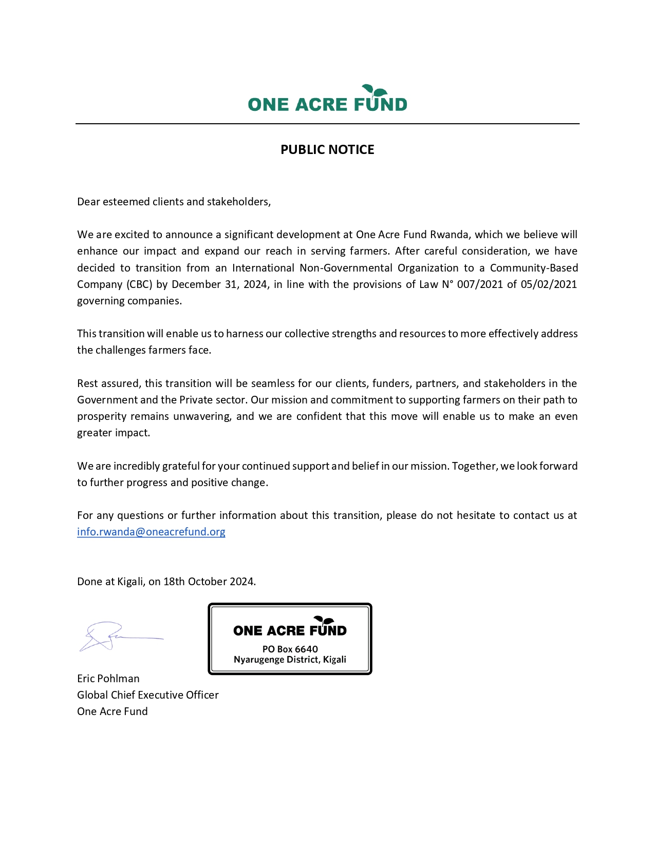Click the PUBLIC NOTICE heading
(327, 149)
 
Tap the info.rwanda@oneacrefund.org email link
(151, 532)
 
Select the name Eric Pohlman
(108, 679)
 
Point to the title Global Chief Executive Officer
(148, 695)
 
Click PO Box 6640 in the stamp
(290, 649)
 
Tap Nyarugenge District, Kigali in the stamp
(290, 660)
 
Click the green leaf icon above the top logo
(375, 91)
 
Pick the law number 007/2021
(480, 284)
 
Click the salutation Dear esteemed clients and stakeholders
(174, 202)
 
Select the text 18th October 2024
(209, 582)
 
